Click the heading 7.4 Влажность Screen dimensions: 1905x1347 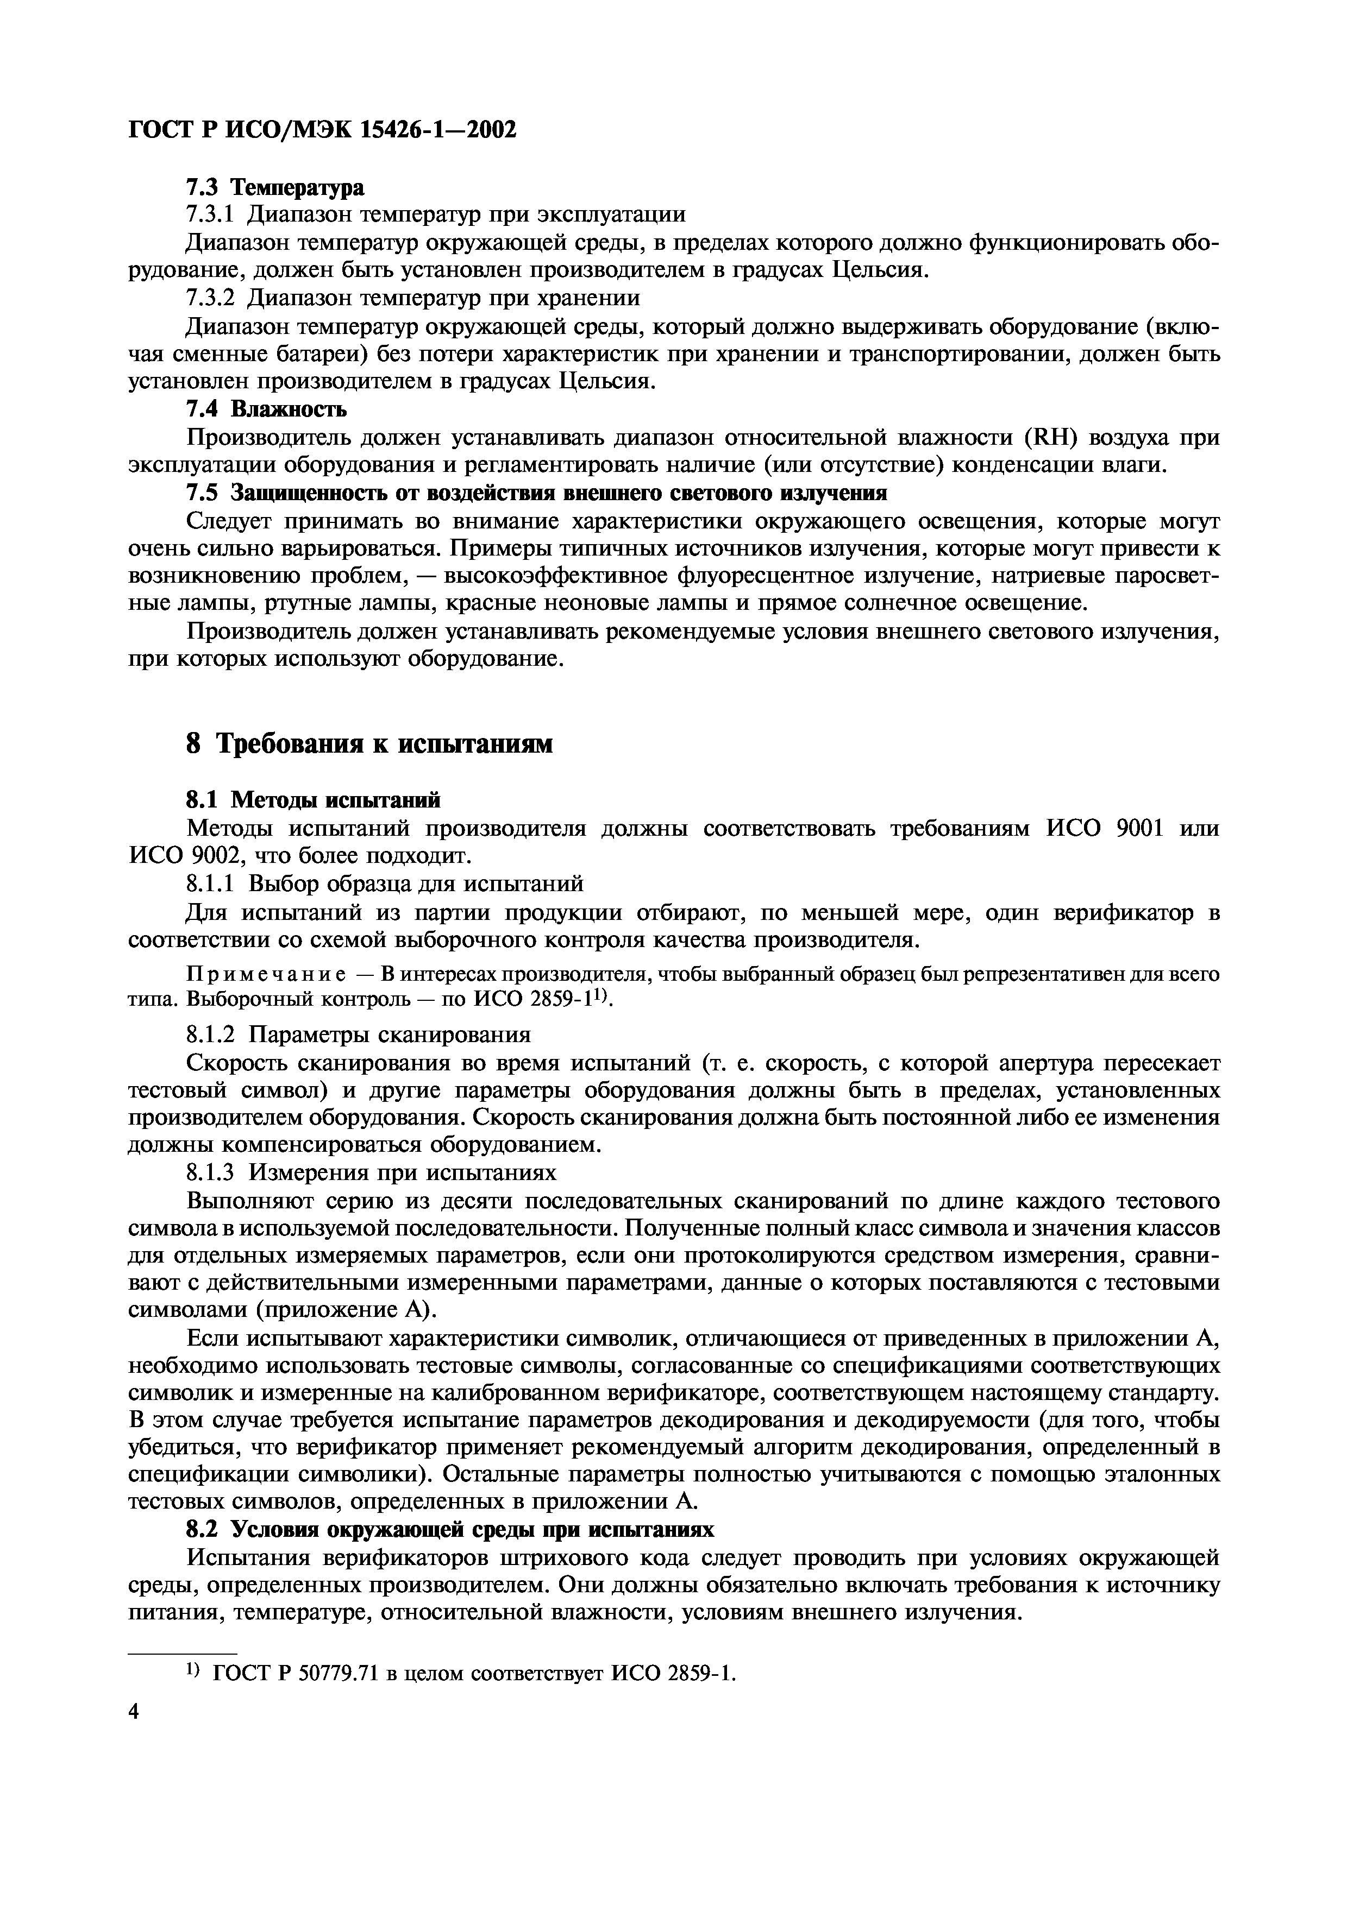click(x=266, y=409)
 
